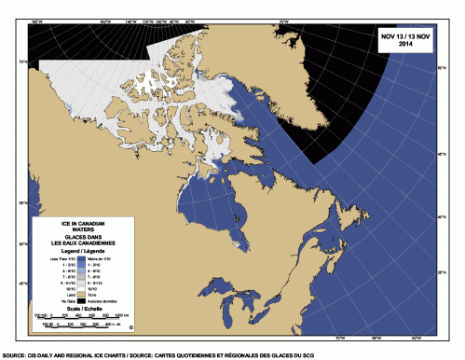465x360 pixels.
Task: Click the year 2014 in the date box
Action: pyautogui.click(x=401, y=45)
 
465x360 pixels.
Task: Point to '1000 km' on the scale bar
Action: pyautogui.click(x=119, y=316)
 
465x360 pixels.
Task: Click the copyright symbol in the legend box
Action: pyautogui.click(x=131, y=327)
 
